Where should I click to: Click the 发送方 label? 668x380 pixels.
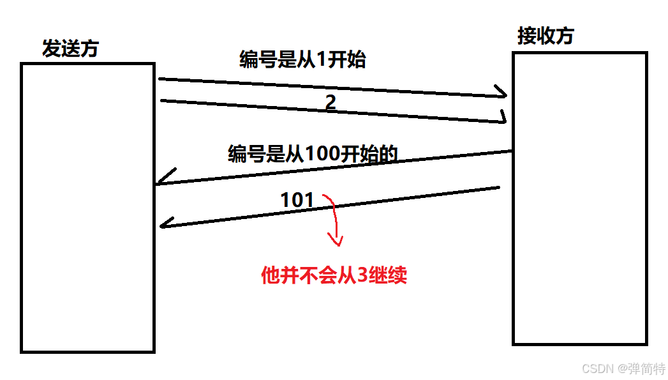pyautogui.click(x=70, y=49)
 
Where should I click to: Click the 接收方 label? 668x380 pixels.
pyautogui.click(x=546, y=36)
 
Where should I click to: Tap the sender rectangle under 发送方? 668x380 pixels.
pyautogui.click(x=87, y=208)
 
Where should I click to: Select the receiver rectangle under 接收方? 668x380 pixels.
pyautogui.click(x=579, y=199)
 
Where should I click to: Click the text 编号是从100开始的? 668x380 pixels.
pyautogui.click(x=313, y=154)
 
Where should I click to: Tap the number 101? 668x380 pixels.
pyautogui.click(x=297, y=201)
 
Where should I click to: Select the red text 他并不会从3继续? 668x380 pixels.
pyautogui.click(x=334, y=275)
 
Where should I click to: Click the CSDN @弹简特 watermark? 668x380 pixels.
pyautogui.click(x=623, y=369)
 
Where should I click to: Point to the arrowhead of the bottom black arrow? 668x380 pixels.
pyautogui.click(x=165, y=224)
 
